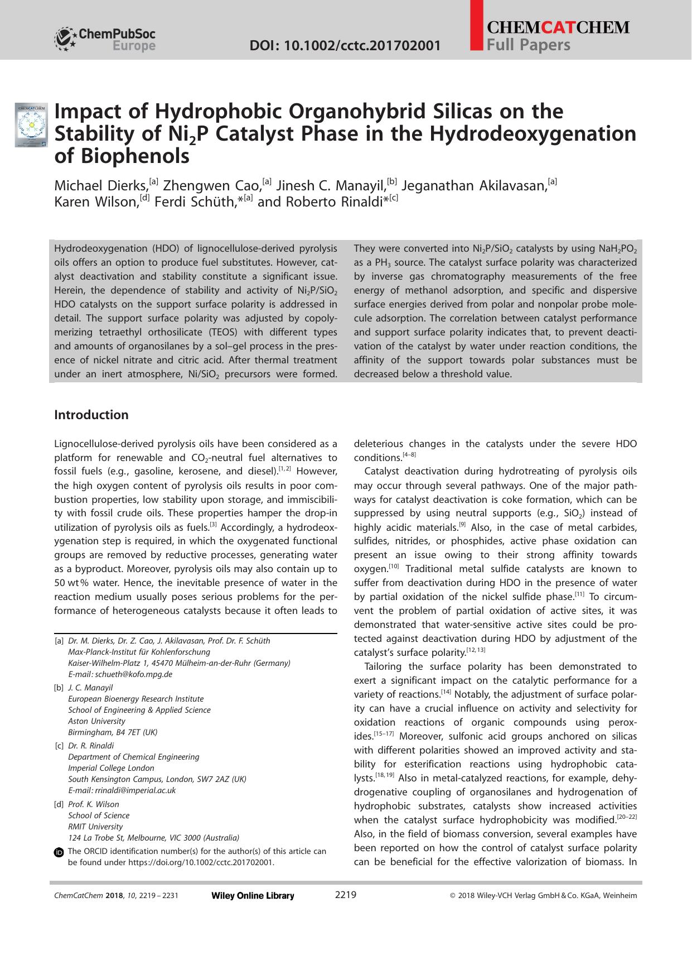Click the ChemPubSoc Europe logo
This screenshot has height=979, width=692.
pyautogui.click(x=104, y=39)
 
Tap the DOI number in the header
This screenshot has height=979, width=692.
pyautogui.click(x=345, y=45)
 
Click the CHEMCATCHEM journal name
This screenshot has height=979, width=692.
pyautogui.click(x=558, y=27)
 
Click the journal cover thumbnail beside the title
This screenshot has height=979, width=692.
pyautogui.click(x=32, y=125)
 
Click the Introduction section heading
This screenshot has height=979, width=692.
pyautogui.click(x=91, y=415)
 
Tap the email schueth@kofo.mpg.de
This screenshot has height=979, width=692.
pyautogui.click(x=133, y=674)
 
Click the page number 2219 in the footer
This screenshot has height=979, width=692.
pyautogui.click(x=345, y=895)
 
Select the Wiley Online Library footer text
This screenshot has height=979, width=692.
pyautogui.click(x=253, y=896)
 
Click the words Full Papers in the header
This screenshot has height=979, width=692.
pyautogui.click(x=528, y=45)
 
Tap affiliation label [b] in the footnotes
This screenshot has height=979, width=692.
pyautogui.click(x=59, y=688)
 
